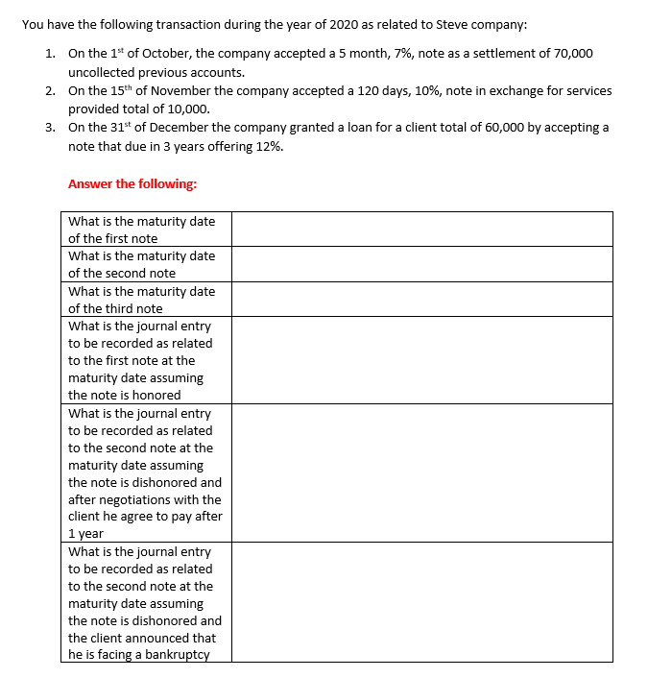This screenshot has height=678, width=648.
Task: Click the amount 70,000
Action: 572,54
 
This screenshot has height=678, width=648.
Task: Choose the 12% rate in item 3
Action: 269,147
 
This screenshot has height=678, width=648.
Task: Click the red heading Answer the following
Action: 132,184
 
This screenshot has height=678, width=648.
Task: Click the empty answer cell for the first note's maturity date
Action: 421,230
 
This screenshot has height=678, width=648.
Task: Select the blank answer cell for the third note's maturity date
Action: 421,299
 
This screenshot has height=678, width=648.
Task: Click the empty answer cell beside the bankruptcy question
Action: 421,602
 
